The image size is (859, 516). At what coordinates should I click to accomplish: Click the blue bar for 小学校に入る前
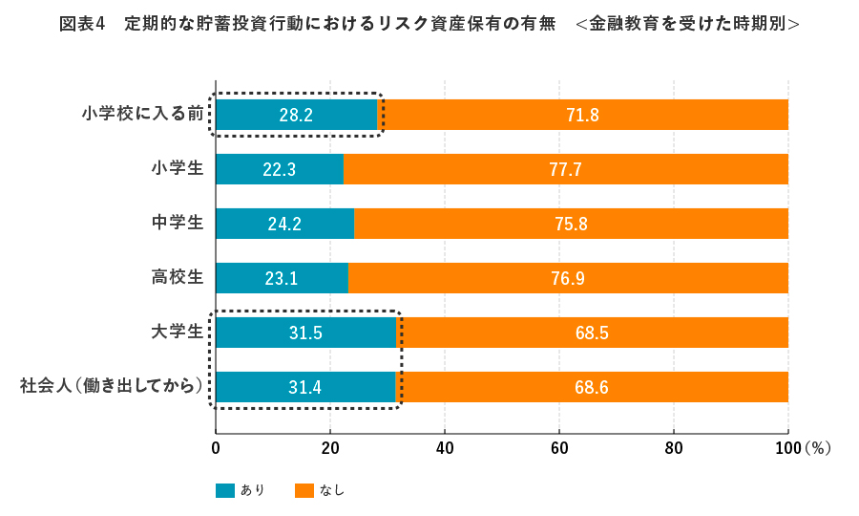tap(296, 115)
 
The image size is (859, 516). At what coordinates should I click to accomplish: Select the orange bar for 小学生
tap(565, 169)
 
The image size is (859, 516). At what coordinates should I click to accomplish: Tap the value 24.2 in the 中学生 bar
tap(284, 225)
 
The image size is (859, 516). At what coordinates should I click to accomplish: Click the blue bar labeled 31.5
tap(305, 333)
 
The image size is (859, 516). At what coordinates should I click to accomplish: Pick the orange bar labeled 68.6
tap(592, 388)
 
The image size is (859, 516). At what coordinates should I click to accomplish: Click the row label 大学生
tap(178, 333)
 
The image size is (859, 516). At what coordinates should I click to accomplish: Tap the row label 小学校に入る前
tap(143, 115)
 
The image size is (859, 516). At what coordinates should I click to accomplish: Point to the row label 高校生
tap(178, 278)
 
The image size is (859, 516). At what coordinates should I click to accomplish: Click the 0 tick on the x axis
tap(216, 447)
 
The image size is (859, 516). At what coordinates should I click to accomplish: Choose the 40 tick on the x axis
tap(445, 447)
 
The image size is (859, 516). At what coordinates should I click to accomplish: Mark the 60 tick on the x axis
tap(559, 447)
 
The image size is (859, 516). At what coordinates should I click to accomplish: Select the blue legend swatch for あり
tap(225, 490)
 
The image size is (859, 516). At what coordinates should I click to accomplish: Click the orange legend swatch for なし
tap(304, 490)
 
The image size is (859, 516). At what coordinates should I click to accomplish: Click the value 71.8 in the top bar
tap(582, 115)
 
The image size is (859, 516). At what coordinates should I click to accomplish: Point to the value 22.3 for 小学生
tap(279, 170)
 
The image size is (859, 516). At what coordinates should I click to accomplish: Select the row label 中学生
tap(178, 224)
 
